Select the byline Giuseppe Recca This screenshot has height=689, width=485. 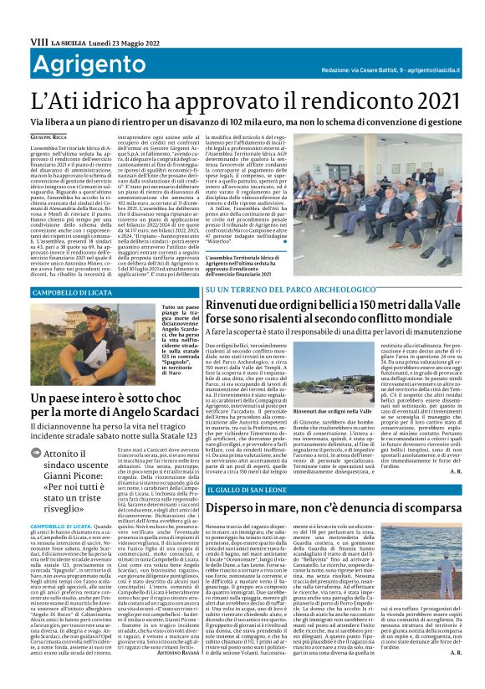[48, 136]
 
